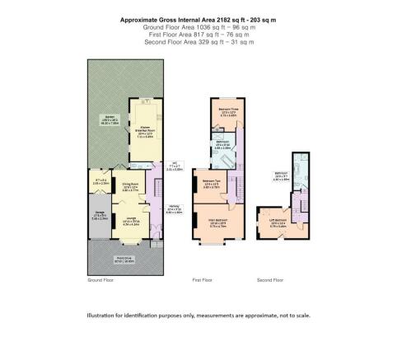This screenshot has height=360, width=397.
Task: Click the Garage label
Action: pos(98,217)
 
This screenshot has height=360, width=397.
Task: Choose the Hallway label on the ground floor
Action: pos(173,208)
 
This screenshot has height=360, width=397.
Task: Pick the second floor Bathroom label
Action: pos(281,174)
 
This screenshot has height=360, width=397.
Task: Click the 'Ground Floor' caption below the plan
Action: pos(100,280)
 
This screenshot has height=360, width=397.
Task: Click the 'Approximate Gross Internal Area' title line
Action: pos(198,19)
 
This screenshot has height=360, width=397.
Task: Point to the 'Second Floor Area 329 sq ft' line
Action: pos(198,42)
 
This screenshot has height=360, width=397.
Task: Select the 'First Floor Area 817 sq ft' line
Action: pos(198,35)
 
